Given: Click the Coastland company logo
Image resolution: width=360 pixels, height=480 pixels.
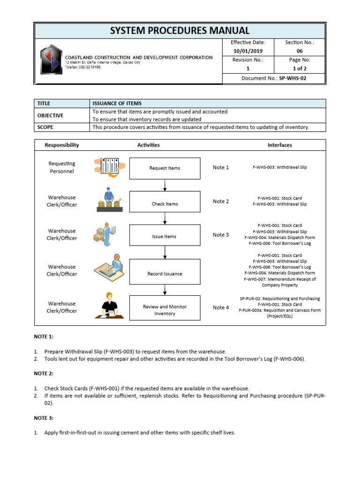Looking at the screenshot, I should pos(50,60).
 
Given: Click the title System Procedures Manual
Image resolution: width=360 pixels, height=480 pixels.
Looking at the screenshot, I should pos(180,31).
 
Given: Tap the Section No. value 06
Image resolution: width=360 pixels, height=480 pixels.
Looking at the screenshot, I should pos(300,51).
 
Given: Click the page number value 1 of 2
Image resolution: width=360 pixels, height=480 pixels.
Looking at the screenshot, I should pos(300,68).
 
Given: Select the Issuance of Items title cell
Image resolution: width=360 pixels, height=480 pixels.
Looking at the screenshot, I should pos(117,103).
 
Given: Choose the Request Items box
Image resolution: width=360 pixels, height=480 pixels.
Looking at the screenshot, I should pos(165,168).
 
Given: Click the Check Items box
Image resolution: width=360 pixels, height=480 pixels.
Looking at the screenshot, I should pos(165,204).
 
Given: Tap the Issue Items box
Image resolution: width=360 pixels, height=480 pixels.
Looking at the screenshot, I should pos(165,237).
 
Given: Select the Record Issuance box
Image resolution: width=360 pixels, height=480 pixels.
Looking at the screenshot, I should pos(165,274).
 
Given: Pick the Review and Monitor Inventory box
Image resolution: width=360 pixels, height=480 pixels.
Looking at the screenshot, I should pos(165,310).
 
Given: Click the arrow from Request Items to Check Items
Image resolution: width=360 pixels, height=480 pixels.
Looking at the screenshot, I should pos(165,186).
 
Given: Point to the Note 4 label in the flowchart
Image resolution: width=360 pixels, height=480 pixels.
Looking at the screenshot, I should pos(221,307).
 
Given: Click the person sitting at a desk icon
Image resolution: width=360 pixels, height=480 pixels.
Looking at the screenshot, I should pos(112,306).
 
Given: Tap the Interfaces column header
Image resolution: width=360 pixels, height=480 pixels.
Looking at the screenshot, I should pos(279,145).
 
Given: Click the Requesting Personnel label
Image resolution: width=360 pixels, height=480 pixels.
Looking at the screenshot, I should pos(61,167).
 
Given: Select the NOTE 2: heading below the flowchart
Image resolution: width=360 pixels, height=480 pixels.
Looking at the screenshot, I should pos(44,374).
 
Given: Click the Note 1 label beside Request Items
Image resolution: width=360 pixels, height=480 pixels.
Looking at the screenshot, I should pos(221,167).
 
